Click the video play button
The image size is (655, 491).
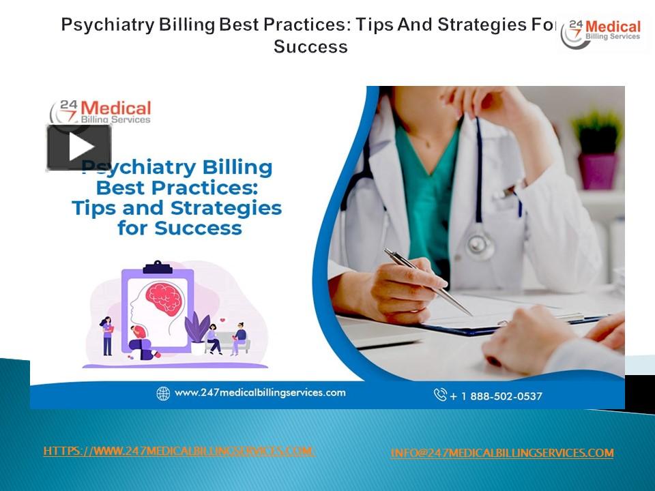pos(79,147)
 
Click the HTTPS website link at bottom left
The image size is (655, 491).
pos(179,451)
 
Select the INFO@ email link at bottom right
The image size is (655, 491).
pos(501,453)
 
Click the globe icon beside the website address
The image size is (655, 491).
pos(163,393)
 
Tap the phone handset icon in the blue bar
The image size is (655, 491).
pos(440,395)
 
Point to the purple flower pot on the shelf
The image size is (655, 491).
pos(597,170)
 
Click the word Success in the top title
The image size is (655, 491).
pos(310,47)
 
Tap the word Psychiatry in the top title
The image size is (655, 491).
pos(102,25)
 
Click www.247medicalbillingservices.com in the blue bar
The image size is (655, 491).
pos(260,393)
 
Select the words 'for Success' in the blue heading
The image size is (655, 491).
pos(179,228)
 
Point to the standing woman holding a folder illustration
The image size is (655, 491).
pos(107,336)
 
